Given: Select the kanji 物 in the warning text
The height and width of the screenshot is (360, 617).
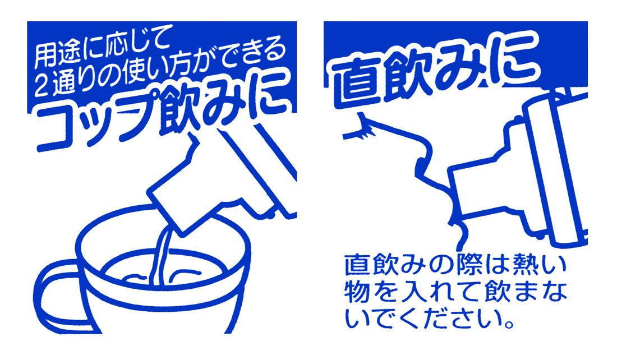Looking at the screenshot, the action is coord(356,293).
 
